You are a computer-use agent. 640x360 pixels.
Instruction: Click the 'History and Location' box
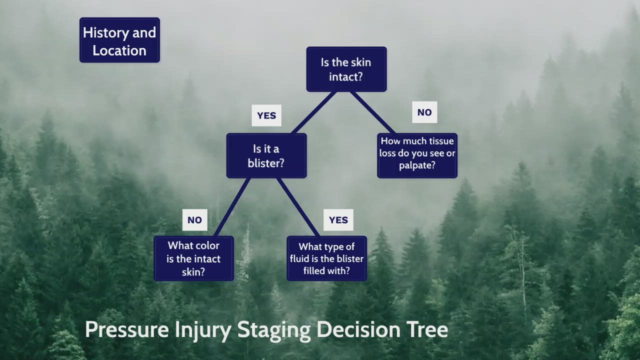coord(119,40)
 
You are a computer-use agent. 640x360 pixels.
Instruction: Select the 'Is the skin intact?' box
coord(346,69)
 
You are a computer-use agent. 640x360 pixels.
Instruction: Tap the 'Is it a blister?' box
coord(266,155)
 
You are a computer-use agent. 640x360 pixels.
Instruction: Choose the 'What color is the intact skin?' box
coord(193,258)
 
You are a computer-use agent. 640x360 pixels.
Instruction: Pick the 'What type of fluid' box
coord(326,258)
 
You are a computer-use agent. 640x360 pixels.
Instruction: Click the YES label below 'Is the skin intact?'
coord(266,115)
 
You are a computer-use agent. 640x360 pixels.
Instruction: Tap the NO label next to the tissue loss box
coord(424,112)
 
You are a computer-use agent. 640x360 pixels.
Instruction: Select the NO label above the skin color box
coord(194,220)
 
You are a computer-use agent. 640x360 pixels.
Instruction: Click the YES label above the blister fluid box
coord(338,220)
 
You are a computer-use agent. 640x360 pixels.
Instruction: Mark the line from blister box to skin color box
coord(232,207)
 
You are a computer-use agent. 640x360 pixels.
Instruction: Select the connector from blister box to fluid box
coord(298,207)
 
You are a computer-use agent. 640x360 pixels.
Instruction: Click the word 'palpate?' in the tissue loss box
coord(417,165)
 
